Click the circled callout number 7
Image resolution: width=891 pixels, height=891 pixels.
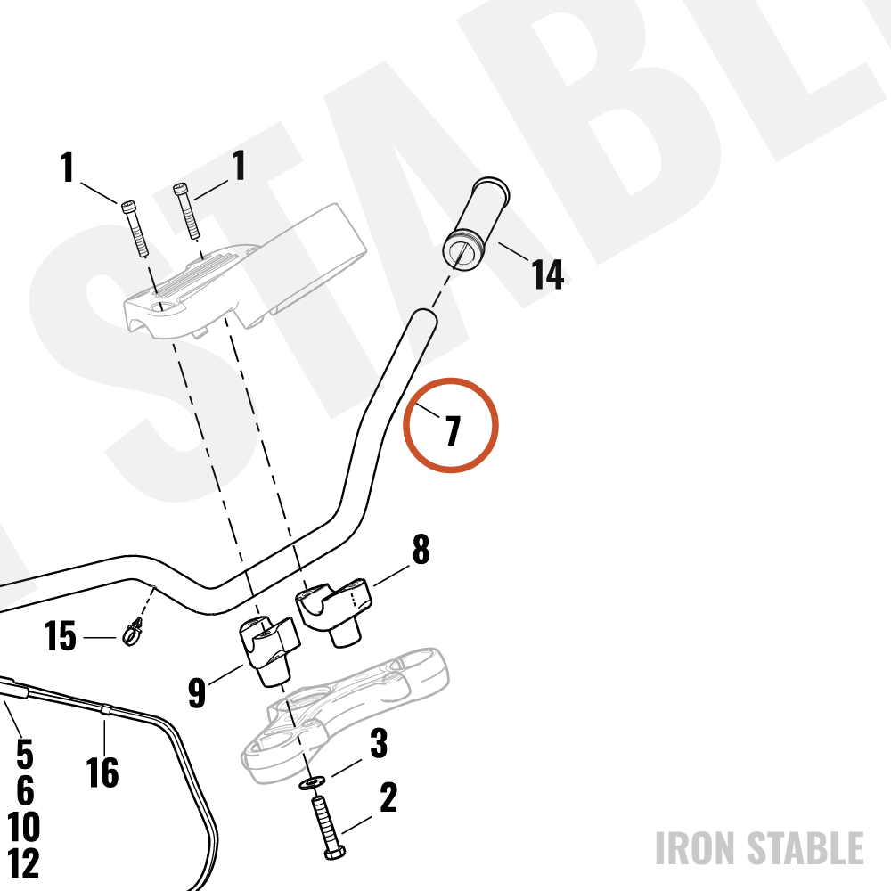click(453, 430)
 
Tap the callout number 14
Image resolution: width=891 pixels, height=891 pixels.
click(547, 274)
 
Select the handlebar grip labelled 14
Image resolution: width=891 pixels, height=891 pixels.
click(476, 225)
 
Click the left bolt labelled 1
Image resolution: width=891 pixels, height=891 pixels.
click(135, 228)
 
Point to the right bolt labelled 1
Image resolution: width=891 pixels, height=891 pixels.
click(185, 212)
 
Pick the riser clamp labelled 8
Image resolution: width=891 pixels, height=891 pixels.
click(333, 611)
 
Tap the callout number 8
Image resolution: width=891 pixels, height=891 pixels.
click(421, 549)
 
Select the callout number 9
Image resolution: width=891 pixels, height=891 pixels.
click(197, 692)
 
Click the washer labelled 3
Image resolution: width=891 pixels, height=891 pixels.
click(312, 783)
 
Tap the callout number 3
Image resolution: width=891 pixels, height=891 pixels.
click(379, 743)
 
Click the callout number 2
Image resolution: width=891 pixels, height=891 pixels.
click(388, 797)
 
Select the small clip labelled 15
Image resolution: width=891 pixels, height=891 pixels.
click(133, 632)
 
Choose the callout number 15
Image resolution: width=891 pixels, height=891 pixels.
click(61, 636)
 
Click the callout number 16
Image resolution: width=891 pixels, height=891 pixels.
click(102, 772)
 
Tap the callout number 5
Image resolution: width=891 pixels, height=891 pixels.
click(24, 754)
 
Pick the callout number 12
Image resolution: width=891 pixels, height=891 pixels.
click(23, 863)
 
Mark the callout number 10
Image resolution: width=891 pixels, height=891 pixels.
click(23, 827)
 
